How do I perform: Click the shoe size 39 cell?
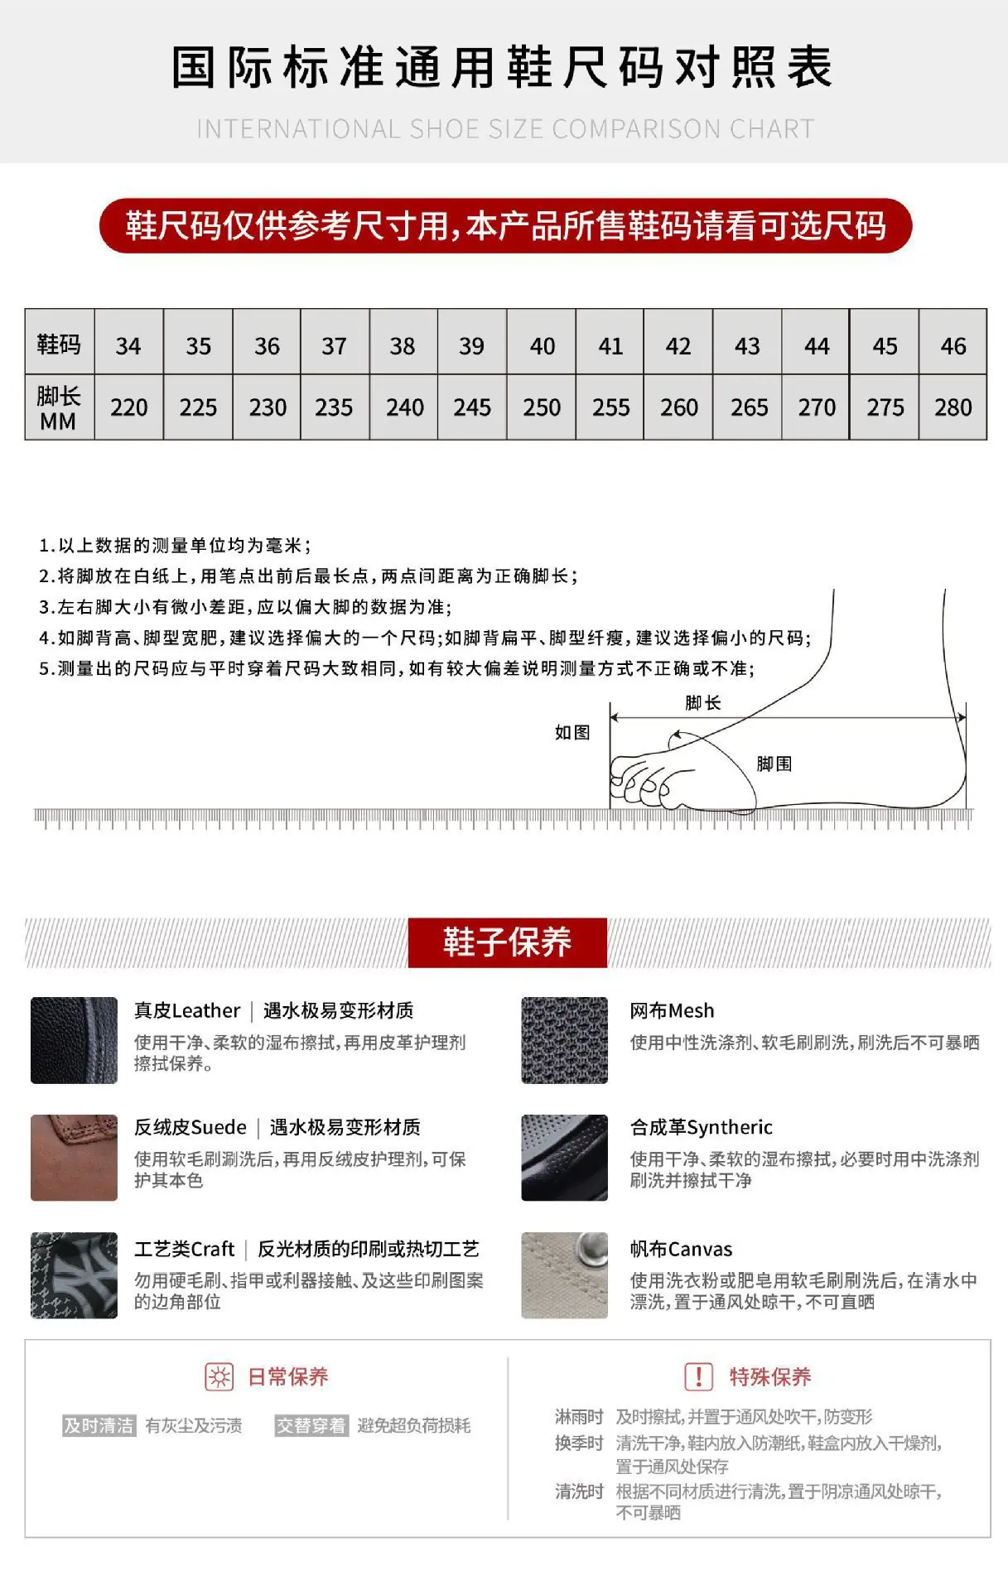click(471, 345)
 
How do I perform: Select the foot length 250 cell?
click(542, 407)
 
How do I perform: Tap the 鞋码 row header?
click(59, 344)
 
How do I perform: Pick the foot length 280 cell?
click(953, 407)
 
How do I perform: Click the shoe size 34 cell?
click(128, 345)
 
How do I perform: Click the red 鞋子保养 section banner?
click(507, 942)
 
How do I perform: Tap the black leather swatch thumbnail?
click(74, 1040)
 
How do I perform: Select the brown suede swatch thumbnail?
click(74, 1158)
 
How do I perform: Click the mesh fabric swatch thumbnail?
click(564, 1040)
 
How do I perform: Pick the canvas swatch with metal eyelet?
click(564, 1275)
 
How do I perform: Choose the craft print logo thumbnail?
click(74, 1275)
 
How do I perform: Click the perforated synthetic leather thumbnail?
click(564, 1158)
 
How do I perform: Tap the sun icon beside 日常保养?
click(219, 1377)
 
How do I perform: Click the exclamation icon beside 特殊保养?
click(698, 1377)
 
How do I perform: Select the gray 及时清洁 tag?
click(99, 1425)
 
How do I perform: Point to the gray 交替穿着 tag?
click(311, 1425)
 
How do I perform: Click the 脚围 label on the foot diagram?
click(774, 764)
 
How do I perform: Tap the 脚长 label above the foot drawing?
click(703, 703)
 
